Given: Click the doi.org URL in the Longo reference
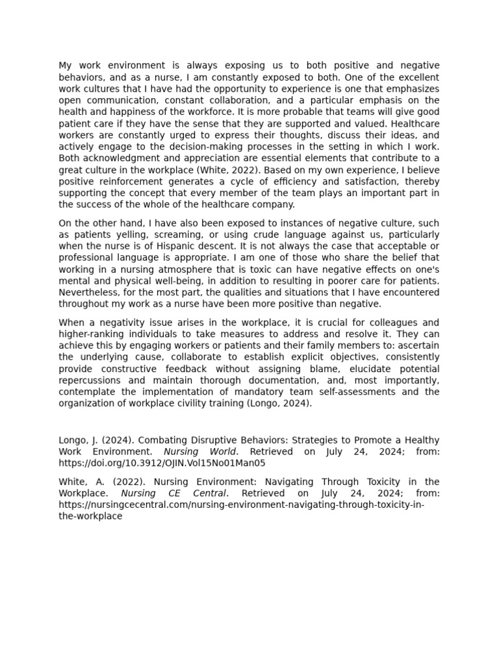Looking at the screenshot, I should click(162, 464).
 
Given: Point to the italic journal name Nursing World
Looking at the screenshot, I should click(201, 452).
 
